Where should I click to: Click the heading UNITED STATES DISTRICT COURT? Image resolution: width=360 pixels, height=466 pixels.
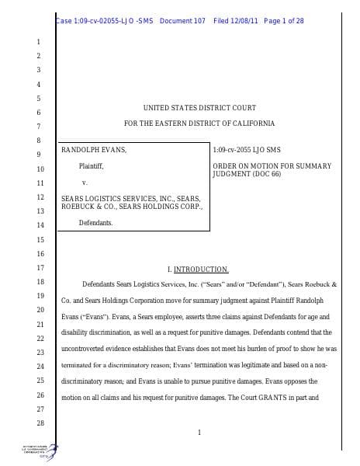coord(199,107)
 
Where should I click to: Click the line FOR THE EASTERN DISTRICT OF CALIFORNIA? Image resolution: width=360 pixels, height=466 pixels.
coord(199,123)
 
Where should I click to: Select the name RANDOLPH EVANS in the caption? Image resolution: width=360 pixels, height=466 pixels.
coord(93,149)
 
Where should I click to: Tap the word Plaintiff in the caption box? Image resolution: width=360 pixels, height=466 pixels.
coord(91,166)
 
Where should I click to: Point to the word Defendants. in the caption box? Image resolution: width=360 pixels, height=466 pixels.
coord(95,223)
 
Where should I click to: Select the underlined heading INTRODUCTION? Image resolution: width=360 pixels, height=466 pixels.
coord(201,270)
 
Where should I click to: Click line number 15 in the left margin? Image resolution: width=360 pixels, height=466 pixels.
coord(40,240)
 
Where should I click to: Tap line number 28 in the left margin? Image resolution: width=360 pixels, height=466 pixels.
coord(40,423)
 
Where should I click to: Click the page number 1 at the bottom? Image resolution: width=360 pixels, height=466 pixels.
coord(199,433)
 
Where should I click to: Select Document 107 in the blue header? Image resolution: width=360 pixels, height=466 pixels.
coord(182,20)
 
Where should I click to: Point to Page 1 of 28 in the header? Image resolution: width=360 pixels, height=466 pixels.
coord(284,20)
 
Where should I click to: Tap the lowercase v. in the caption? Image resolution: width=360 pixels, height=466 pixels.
coord(84,183)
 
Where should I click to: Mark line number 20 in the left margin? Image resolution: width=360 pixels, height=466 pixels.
coord(40,310)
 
